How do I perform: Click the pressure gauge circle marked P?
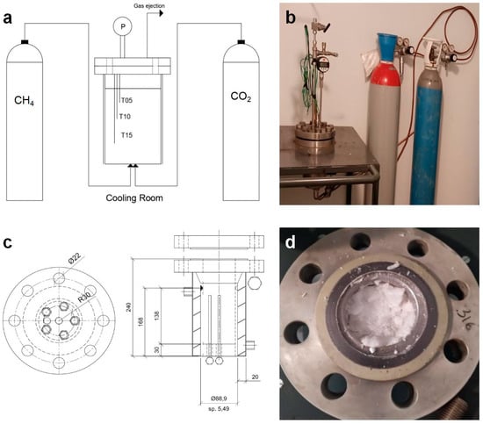point(123,26)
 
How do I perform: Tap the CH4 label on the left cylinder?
point(24,101)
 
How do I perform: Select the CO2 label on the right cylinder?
point(241,97)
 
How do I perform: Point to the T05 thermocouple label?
point(126,100)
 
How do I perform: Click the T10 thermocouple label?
point(125,117)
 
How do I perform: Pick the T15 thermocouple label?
point(126,135)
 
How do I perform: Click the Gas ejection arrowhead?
point(161,13)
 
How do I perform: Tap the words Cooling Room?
point(134,198)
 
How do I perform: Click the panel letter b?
point(291,18)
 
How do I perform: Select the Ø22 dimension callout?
point(75,257)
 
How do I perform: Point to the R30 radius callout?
point(83,298)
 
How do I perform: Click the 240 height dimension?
point(129,307)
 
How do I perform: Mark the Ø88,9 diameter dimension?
point(219,399)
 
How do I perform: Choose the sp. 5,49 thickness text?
point(219,409)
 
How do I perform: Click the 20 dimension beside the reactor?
point(255,377)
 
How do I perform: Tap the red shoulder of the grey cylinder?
point(386,73)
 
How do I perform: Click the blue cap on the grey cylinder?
point(386,47)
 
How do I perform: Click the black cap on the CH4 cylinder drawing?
point(25,42)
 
